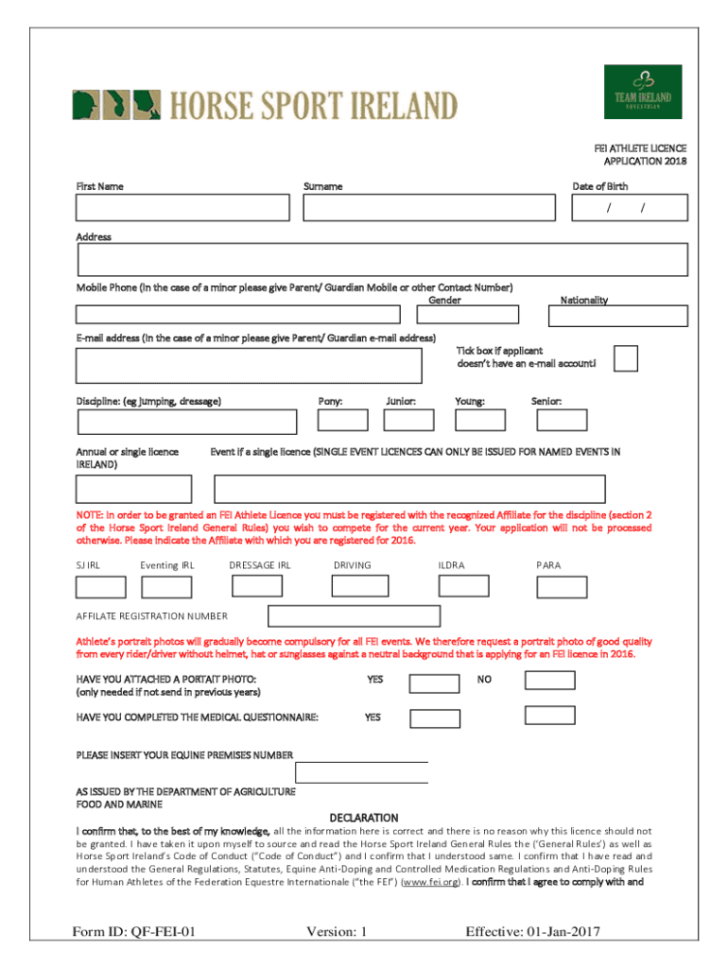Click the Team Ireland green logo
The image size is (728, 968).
(x=643, y=92)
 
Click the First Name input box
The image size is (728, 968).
(x=182, y=208)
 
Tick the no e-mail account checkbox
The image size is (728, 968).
(x=625, y=358)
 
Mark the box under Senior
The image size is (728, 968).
(x=562, y=420)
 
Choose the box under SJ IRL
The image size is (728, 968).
(x=100, y=587)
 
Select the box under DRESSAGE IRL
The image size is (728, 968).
(x=256, y=586)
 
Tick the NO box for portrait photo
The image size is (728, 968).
(x=549, y=680)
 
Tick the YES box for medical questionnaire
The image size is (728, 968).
(x=434, y=717)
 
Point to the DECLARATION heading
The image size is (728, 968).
(x=364, y=818)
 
